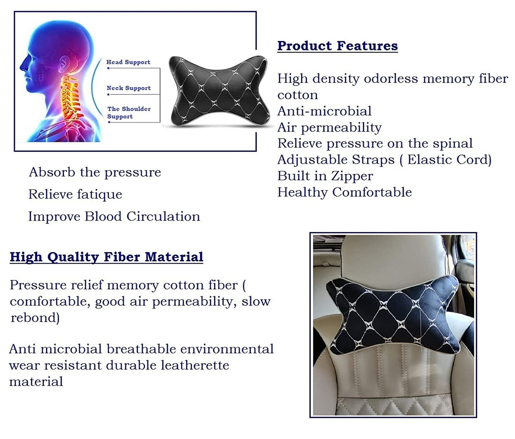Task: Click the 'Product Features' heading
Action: pyautogui.click(x=338, y=46)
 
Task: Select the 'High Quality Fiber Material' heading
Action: pyautogui.click(x=107, y=257)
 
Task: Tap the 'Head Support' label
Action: pyautogui.click(x=128, y=62)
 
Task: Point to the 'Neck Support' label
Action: pyautogui.click(x=129, y=88)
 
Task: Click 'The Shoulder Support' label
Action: pyautogui.click(x=129, y=113)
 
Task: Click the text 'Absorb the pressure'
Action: pyautogui.click(x=95, y=172)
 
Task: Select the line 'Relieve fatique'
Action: pyautogui.click(x=75, y=194)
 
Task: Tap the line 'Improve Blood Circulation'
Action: pyautogui.click(x=114, y=216)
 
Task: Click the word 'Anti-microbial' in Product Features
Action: pyautogui.click(x=324, y=111)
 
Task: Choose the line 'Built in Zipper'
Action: pyautogui.click(x=325, y=176)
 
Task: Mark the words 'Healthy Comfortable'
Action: pyautogui.click(x=345, y=192)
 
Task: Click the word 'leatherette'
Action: pyautogui.click(x=195, y=366)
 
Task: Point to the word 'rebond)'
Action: pyautogui.click(x=35, y=318)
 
